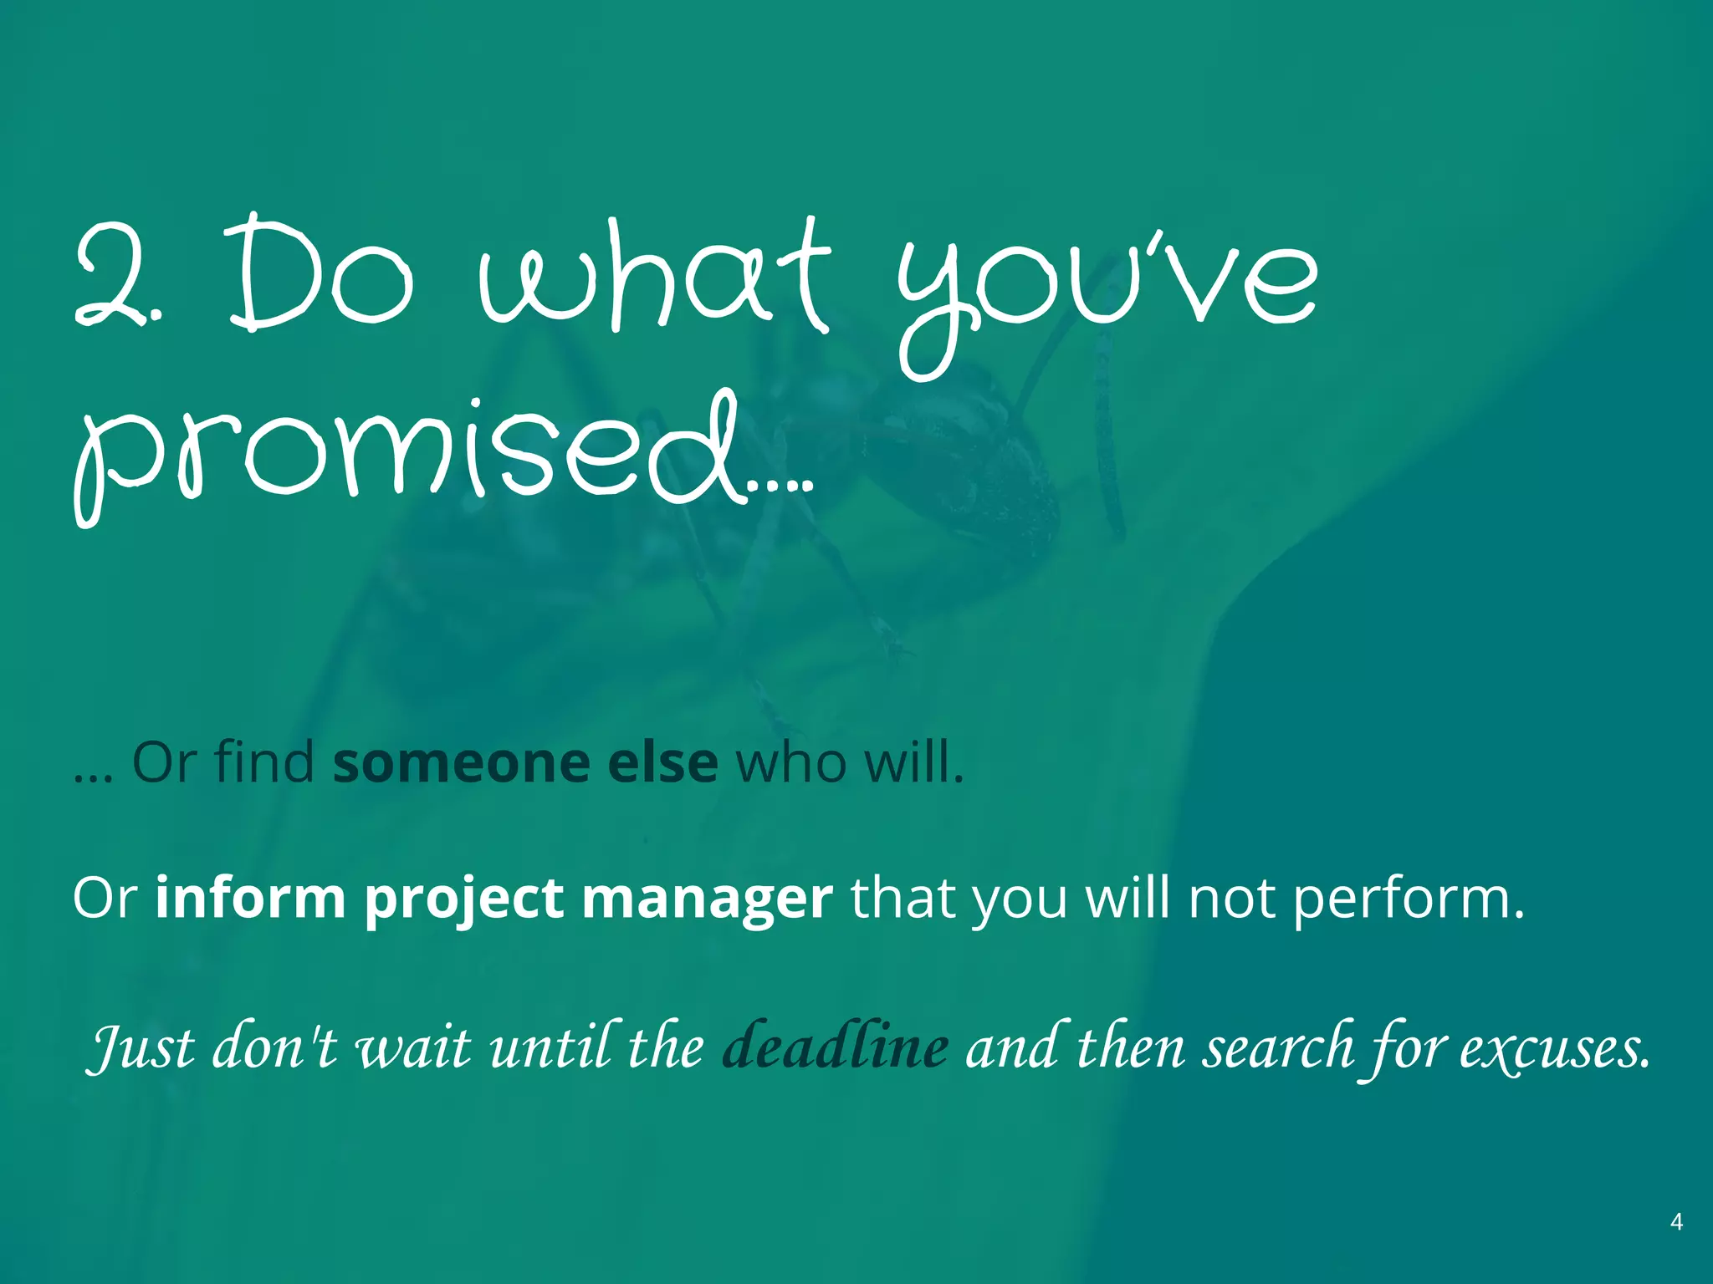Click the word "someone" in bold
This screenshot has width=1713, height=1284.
[461, 762]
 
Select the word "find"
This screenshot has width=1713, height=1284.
[263, 762]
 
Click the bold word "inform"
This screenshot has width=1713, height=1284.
[250, 899]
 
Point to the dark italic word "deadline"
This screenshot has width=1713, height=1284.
[835, 1046]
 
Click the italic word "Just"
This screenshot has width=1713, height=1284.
[141, 1047]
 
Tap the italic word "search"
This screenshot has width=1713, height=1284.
[1278, 1046]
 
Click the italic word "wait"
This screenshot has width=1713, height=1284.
[412, 1047]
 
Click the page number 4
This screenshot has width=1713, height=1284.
[1676, 1222]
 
